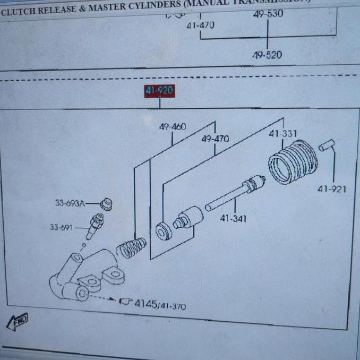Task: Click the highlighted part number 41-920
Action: coord(159,91)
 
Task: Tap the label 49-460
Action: coord(173,126)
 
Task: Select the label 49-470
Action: coord(215,139)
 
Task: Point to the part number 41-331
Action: coord(282,134)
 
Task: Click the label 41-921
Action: coord(332,188)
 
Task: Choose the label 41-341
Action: coord(233,218)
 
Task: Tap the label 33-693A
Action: coord(70,203)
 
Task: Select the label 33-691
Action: coord(61,228)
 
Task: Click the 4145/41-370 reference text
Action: coord(159,305)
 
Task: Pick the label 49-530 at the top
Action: coord(268,14)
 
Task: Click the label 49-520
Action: coord(267,55)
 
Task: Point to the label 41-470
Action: coord(200,24)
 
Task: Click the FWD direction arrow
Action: coord(17,322)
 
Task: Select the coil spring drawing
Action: coord(131,247)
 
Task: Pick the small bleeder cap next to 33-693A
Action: coord(106,204)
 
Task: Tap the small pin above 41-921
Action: coord(326,144)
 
